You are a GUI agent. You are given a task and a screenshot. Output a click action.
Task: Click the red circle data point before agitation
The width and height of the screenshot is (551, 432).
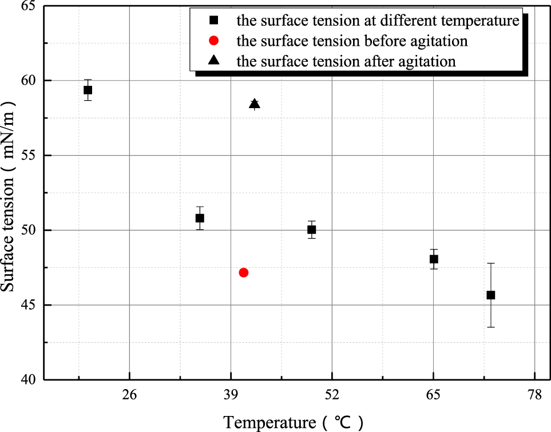(x=244, y=272)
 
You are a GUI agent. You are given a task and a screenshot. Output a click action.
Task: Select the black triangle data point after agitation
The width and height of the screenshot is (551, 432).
(x=255, y=104)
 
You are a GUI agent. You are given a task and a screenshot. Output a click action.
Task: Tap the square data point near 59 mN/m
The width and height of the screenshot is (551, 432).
(x=88, y=90)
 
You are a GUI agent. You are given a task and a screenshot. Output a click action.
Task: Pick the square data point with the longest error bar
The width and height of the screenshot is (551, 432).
(x=490, y=295)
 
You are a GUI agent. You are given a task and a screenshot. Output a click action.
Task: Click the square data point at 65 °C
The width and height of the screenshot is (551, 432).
(x=434, y=259)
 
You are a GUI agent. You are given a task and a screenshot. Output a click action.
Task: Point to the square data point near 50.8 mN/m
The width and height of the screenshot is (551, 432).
(x=200, y=218)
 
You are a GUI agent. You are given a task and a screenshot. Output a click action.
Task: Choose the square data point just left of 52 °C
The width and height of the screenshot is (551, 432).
(x=311, y=229)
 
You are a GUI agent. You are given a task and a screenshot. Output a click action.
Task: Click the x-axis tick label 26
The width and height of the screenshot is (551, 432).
(x=130, y=394)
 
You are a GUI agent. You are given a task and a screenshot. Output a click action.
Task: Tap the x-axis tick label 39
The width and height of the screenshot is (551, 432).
(x=231, y=394)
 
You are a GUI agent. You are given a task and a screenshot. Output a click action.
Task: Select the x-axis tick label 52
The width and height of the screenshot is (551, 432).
(x=332, y=394)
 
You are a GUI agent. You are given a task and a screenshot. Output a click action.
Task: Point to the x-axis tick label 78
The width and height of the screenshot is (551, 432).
(x=534, y=394)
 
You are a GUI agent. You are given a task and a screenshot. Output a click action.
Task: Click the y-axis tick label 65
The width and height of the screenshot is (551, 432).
(x=26, y=7)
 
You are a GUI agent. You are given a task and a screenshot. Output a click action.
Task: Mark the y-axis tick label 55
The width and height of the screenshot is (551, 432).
(x=26, y=156)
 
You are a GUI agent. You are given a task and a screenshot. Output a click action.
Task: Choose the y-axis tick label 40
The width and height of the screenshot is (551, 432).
(x=26, y=379)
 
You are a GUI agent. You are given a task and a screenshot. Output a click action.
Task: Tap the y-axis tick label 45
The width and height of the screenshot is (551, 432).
(x=26, y=305)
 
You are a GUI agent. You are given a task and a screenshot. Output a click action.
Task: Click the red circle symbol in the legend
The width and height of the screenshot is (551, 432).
(x=213, y=41)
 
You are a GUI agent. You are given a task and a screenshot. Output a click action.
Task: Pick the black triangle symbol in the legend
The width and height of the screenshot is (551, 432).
(x=213, y=60)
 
